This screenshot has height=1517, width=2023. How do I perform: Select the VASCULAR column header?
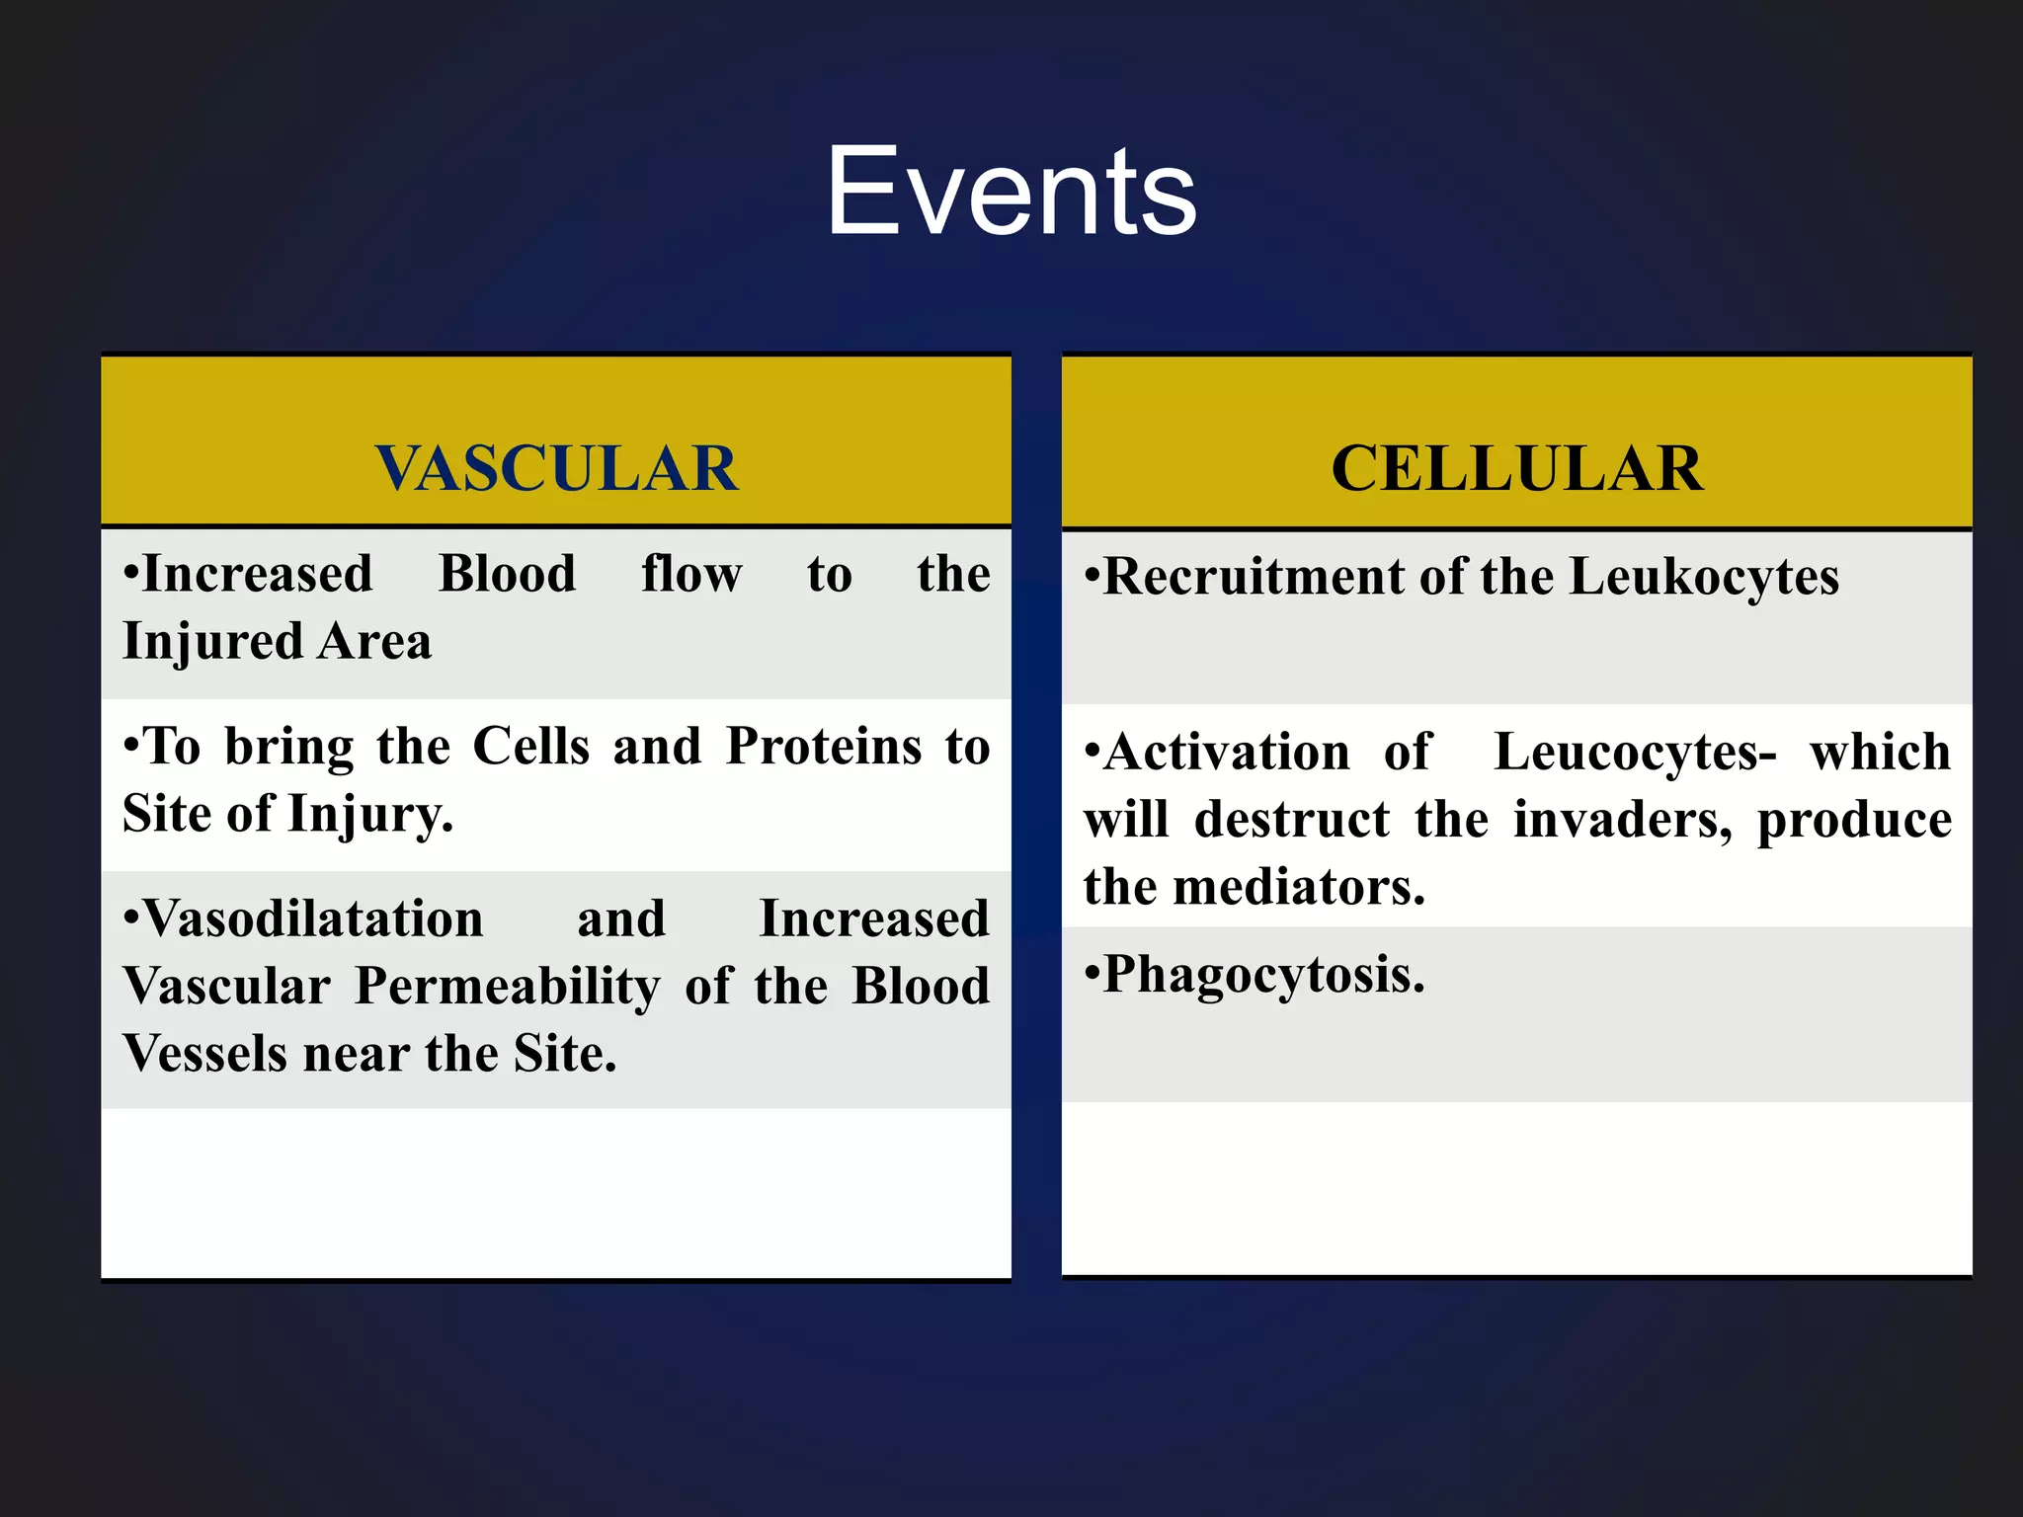[x=556, y=468]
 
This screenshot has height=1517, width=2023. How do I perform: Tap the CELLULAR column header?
[x=1516, y=468]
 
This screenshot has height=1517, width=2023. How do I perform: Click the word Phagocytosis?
[x=1263, y=976]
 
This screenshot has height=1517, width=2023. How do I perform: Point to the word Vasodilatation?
[x=313, y=919]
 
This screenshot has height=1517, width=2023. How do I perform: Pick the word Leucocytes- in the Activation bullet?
[x=1635, y=754]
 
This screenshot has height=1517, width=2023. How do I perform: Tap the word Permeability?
[x=507, y=988]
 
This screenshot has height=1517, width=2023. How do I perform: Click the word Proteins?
[x=823, y=747]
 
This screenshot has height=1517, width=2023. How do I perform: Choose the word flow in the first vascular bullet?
[x=691, y=574]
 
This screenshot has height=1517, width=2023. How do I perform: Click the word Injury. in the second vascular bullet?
[x=370, y=816]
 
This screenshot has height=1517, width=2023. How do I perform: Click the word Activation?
[x=1226, y=754]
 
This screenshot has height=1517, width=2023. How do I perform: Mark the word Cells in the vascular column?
[x=530, y=747]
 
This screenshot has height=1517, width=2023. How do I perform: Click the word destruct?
[x=1291, y=821]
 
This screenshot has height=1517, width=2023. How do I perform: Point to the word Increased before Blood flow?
[x=257, y=574]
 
